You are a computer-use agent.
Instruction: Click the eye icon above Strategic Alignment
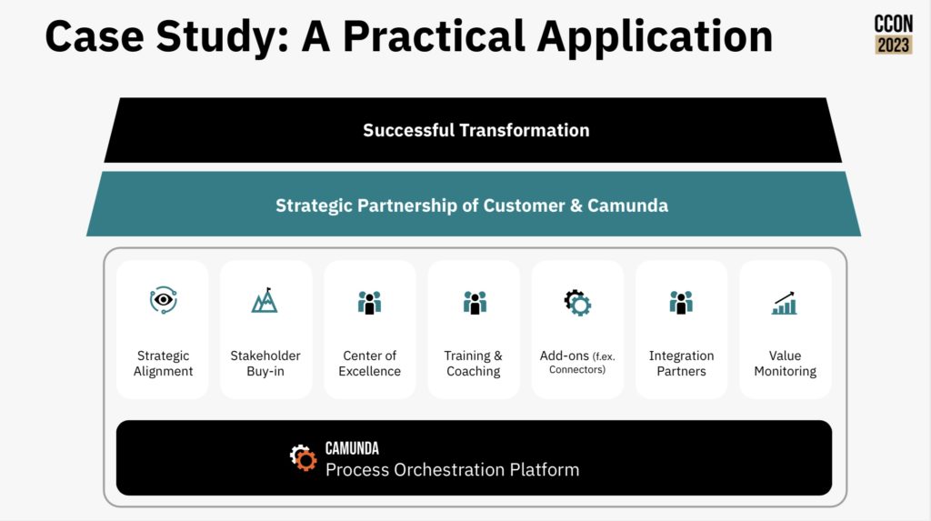click(164, 300)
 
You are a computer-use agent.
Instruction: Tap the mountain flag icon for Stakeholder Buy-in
click(265, 301)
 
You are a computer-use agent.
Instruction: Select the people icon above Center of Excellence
click(369, 303)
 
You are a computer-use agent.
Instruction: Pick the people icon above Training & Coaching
click(475, 303)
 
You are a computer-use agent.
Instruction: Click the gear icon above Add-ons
click(577, 303)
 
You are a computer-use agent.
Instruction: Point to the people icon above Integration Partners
click(681, 303)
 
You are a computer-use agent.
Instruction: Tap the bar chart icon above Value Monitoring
click(785, 303)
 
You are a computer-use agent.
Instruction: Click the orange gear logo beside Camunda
click(304, 457)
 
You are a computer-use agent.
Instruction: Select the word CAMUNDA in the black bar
click(352, 448)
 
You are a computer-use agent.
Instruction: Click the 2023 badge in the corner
click(894, 45)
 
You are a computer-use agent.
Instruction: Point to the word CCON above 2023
click(894, 24)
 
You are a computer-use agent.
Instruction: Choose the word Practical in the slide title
click(434, 36)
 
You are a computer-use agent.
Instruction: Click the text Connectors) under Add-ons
click(577, 369)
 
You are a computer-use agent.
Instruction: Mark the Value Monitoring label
click(785, 363)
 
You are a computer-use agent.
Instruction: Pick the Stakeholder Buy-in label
click(265, 363)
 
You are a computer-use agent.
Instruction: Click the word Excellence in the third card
click(369, 371)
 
